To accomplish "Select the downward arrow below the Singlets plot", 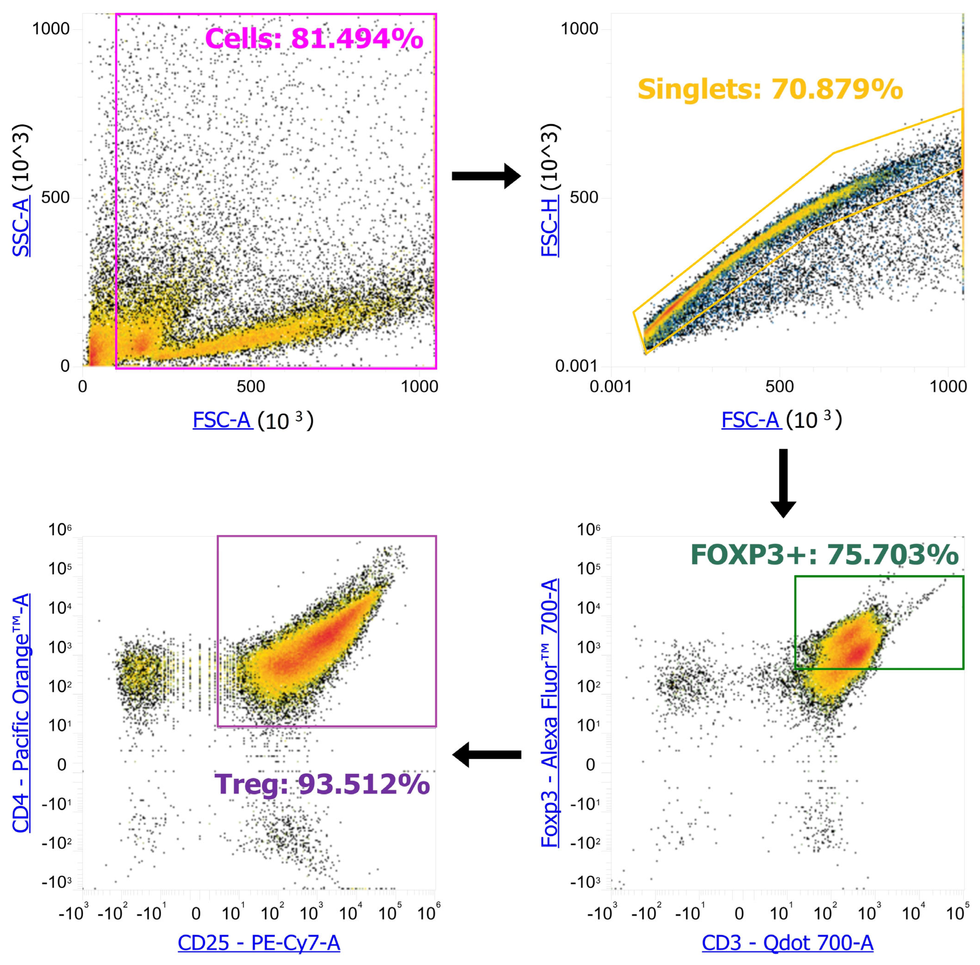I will pos(783,483).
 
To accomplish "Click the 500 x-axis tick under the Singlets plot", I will pos(779,387).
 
